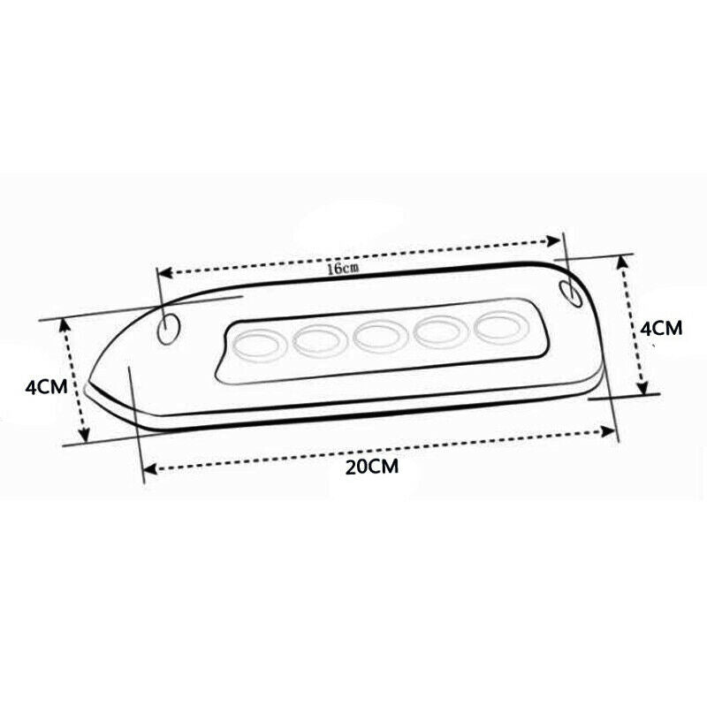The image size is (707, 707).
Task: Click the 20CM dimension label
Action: click(372, 467)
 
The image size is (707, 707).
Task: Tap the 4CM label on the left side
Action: click(46, 387)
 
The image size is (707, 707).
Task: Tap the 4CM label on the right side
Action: click(661, 328)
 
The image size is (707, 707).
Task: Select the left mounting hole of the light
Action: click(169, 329)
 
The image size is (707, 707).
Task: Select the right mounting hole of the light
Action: click(571, 293)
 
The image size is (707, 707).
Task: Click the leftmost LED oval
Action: click(261, 346)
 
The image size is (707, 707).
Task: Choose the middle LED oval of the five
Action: click(381, 337)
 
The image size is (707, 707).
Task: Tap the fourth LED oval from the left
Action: click(441, 332)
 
